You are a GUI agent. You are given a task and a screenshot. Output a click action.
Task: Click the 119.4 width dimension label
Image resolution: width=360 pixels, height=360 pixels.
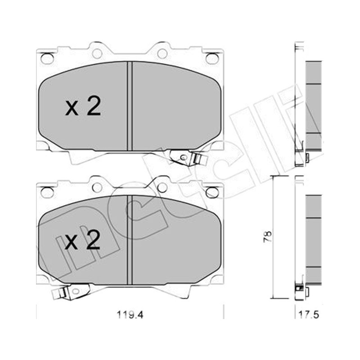130,315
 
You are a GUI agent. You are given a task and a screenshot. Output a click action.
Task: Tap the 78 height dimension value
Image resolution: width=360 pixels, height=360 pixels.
268,237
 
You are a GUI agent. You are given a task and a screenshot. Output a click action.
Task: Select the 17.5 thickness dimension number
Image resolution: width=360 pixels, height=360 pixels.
309,315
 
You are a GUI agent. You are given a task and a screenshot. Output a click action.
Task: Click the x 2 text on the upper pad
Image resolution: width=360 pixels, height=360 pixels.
83,106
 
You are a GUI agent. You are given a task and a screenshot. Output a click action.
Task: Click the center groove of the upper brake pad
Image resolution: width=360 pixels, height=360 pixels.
130,106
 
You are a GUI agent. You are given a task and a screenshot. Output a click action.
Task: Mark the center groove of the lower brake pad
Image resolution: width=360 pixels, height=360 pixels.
130,240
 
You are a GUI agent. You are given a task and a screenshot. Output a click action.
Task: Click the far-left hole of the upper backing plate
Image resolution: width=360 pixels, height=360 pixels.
47,58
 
